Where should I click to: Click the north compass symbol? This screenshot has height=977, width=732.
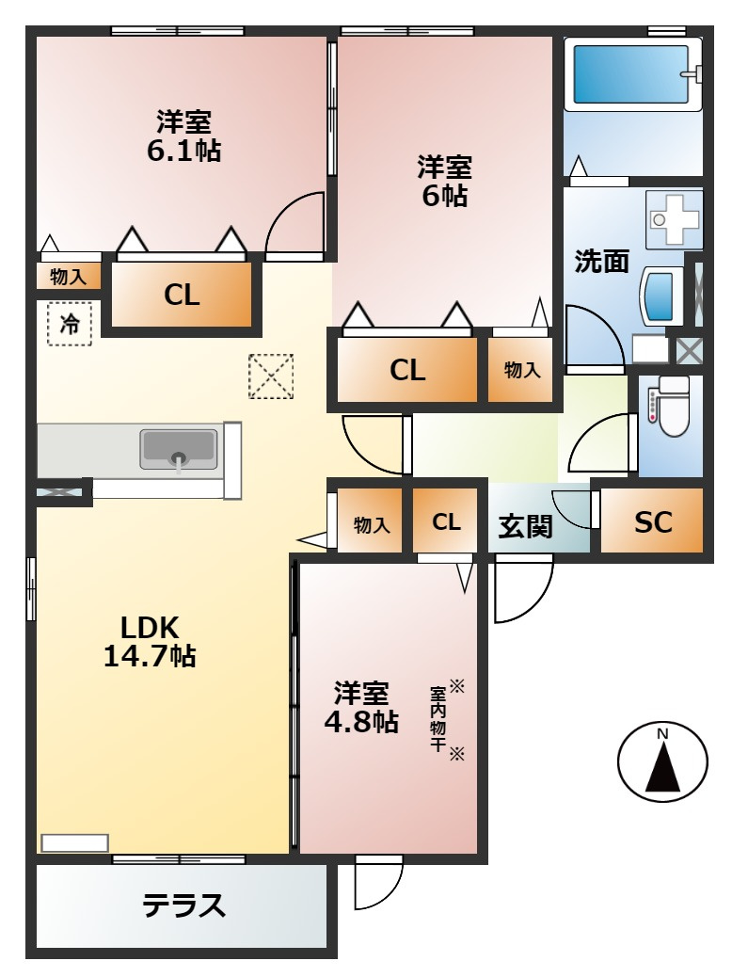pos(662,762)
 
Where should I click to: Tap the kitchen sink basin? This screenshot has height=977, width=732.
pos(179,449)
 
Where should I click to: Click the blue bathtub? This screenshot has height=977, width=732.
pos(632,72)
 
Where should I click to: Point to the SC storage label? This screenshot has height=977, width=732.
pos(653,523)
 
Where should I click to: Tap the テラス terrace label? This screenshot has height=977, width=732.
pos(184,905)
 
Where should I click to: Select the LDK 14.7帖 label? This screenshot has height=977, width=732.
pos(150,641)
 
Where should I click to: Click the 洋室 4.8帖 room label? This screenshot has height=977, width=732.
pos(361,708)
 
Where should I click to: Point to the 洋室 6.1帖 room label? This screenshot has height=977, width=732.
pos(183,136)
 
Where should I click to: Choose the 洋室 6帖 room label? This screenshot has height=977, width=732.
pos(444,181)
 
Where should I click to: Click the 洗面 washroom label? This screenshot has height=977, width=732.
pos(601,262)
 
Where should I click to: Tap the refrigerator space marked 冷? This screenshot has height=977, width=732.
pos(70,324)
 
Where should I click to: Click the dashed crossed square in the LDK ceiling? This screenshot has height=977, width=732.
pos(271,376)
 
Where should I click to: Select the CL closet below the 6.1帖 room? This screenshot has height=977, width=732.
pos(182,296)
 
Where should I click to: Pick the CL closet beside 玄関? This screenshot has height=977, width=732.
pos(447,521)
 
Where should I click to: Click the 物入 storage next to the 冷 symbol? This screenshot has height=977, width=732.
pos(69,277)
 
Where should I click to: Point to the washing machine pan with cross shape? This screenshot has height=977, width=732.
pos(674,219)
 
